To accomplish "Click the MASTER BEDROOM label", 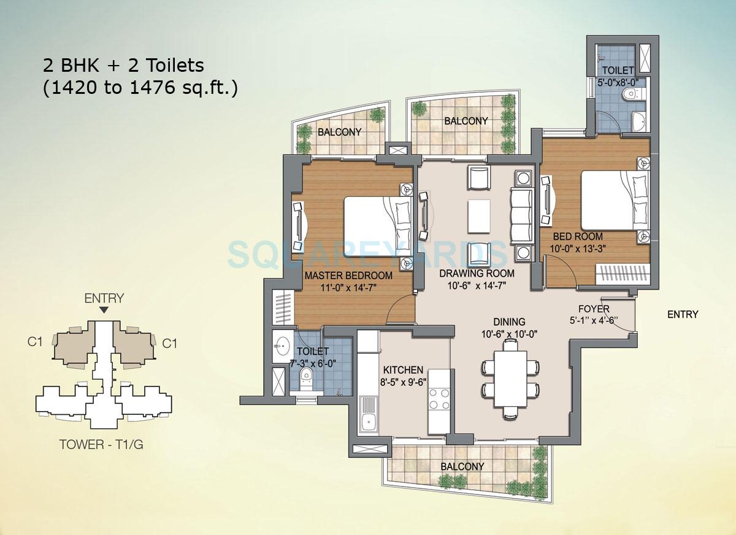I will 348,275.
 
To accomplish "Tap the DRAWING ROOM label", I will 477,273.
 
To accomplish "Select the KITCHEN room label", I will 403,370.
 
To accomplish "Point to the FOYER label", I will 593,309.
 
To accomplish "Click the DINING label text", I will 509,321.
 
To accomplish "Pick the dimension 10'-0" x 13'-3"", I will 577,248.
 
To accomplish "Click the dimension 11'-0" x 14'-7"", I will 348,287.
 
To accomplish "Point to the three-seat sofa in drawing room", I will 522,215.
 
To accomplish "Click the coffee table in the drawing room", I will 478,216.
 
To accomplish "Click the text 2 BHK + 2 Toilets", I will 123,64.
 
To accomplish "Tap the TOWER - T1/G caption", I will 101,444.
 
